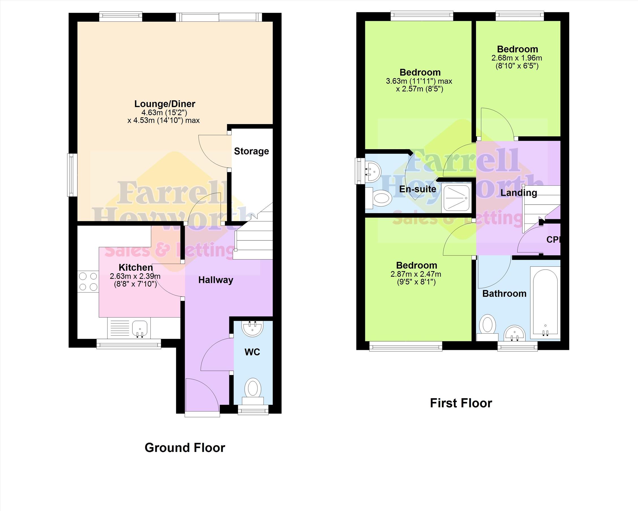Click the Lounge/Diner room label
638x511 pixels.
(x=165, y=104)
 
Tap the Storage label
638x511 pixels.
(x=251, y=151)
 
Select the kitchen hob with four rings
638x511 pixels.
(x=88, y=282)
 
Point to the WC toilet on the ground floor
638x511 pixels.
(x=253, y=391)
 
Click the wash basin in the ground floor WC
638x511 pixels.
(x=253, y=328)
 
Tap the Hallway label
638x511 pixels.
(x=216, y=280)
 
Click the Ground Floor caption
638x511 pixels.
(x=185, y=448)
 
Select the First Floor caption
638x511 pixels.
(x=461, y=403)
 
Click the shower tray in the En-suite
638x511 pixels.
(x=456, y=197)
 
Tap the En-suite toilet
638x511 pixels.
(x=378, y=198)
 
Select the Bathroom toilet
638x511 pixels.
(x=487, y=328)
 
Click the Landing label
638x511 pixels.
(x=519, y=193)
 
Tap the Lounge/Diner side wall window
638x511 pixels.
(x=71, y=175)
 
